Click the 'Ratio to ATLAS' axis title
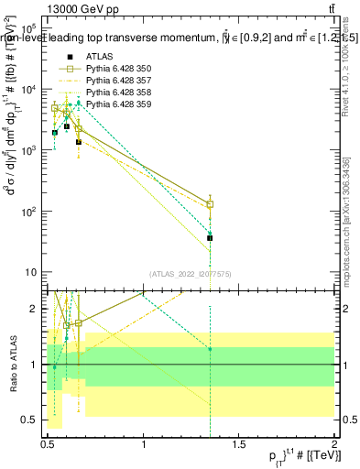coord(13,365)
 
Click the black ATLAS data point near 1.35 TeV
coord(211,238)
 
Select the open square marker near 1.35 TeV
coord(211,204)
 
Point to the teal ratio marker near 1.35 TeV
coord(211,349)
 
